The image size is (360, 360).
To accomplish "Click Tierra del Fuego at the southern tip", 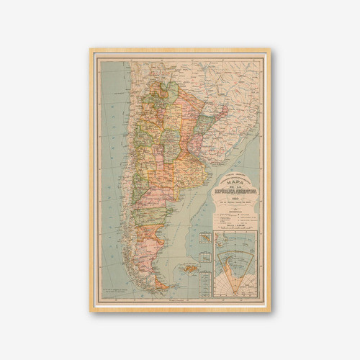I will (164, 286).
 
